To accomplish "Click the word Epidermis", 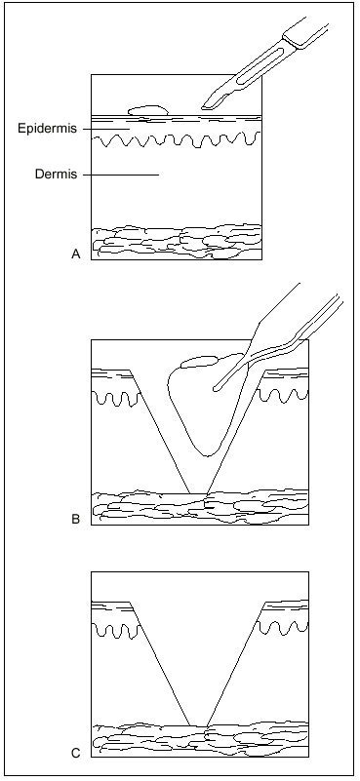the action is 48,129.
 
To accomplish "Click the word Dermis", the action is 56,175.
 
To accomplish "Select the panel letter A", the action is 76,254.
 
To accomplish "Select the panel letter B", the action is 76,520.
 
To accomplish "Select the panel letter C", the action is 76,753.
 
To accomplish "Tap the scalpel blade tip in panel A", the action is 203,107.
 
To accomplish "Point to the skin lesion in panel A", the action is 148,110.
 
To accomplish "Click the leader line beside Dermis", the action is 121,175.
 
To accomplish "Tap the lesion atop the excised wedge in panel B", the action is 199,361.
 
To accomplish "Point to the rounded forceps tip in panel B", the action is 215,387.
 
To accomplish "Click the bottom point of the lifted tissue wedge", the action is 209,455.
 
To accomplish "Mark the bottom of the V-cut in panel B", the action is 198,493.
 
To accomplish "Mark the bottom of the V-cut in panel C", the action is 198,725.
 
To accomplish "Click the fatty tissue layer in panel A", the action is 177,242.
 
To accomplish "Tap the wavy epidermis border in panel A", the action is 177,139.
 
